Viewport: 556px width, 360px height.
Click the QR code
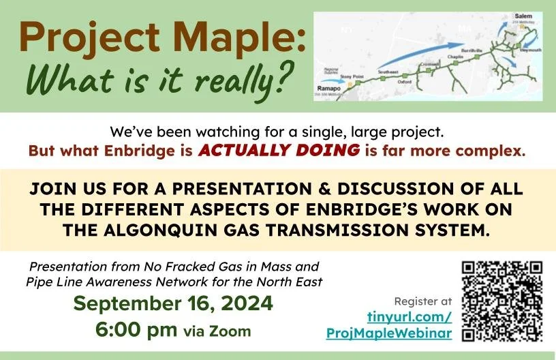pos(502,301)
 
